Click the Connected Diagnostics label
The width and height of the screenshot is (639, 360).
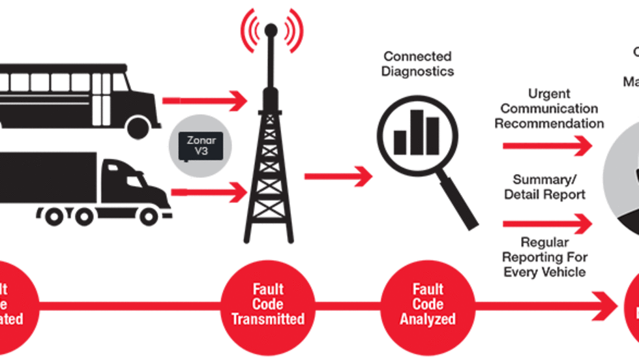(418, 64)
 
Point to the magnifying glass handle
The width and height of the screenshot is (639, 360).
(459, 200)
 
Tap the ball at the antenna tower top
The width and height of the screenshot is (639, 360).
(271, 29)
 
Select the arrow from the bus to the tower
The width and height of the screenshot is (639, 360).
(205, 101)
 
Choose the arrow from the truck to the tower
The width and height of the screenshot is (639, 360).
(209, 192)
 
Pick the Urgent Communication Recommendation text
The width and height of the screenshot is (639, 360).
(549, 109)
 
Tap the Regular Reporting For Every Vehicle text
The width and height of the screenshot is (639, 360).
(544, 257)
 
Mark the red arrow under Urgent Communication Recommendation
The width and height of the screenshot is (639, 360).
(547, 146)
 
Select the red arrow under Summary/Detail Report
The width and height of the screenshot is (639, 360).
(547, 224)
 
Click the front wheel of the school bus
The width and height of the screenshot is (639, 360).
(138, 126)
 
